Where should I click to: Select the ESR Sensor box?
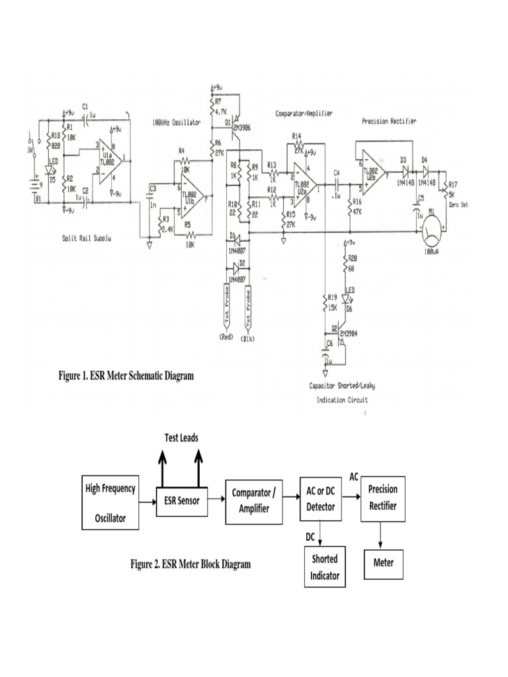182,500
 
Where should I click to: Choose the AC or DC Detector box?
320,500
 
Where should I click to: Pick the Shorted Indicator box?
325,567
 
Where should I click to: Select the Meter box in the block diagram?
383,563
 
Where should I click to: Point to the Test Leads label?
181,438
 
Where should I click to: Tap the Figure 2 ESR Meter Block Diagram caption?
190,565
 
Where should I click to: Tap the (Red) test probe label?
226,338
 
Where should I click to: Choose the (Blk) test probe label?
248,338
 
